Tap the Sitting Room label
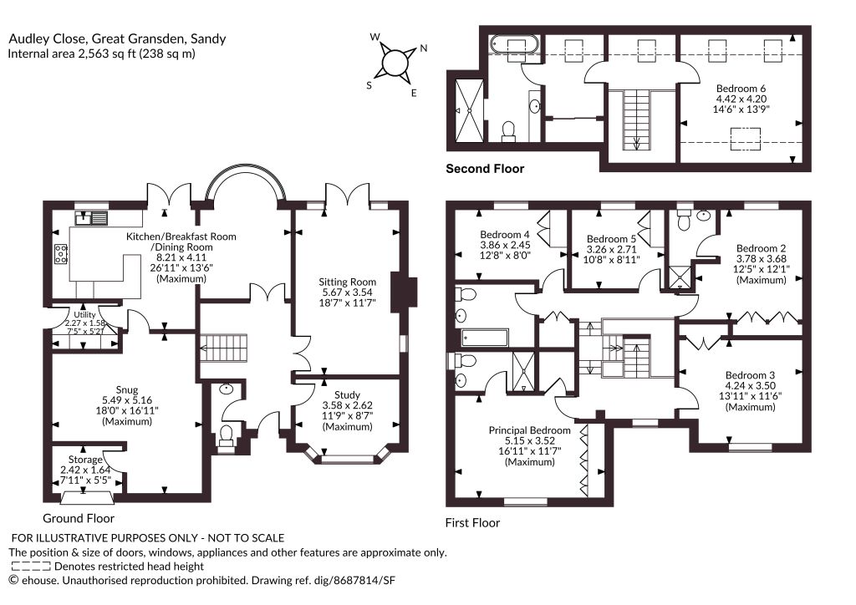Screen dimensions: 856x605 (347, 282)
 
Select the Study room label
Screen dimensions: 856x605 (347, 394)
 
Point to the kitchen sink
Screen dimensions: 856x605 (91, 217)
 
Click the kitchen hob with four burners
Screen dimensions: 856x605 (60, 254)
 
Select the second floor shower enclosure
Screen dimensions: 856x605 (469, 110)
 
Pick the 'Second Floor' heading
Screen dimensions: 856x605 (485, 169)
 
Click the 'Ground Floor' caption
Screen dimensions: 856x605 (79, 518)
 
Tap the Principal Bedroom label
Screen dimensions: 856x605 (529, 430)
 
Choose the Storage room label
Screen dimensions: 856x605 (85, 460)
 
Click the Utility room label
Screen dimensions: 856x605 (84, 315)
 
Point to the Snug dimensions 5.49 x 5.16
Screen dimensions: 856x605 (127, 400)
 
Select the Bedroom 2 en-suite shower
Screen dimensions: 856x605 (679, 276)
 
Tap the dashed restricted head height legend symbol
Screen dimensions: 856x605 (31, 567)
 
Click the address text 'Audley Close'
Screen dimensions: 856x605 (47, 38)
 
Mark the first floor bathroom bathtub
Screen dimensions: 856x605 (485, 338)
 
